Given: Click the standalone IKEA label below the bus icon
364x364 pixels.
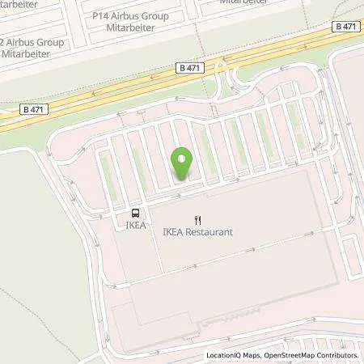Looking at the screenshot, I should [x=136, y=226].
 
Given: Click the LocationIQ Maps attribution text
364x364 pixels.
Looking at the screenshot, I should [x=230, y=355].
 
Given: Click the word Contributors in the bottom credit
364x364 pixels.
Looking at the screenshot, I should [x=339, y=355].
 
